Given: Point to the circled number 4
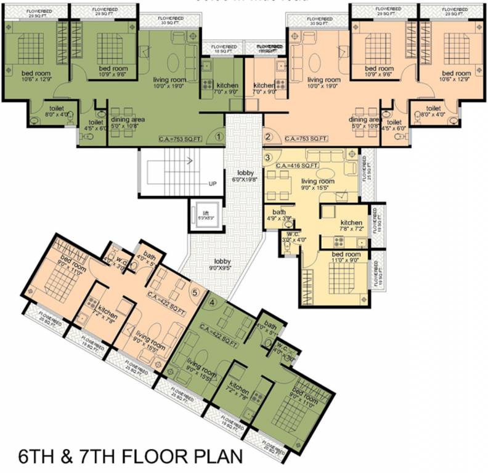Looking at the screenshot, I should (213, 302).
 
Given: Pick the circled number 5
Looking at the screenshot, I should (196, 293).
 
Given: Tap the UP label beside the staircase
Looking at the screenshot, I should (213, 184).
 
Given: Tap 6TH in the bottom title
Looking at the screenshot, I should (38, 457).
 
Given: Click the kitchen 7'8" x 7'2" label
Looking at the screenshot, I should (351, 226).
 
